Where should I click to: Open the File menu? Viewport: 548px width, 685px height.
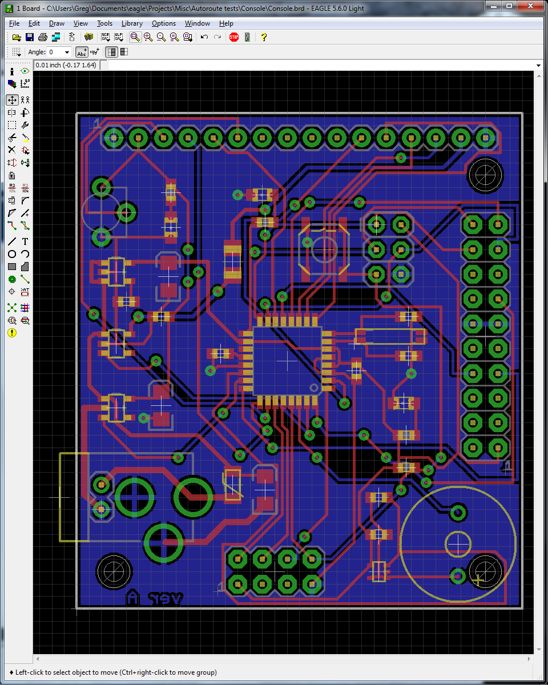14,23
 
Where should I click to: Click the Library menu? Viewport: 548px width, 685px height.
132,23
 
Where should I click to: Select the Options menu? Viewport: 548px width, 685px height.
164,23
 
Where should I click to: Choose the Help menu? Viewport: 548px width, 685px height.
226,23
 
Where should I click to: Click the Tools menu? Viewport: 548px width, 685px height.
104,23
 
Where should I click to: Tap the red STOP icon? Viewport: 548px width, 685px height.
234,37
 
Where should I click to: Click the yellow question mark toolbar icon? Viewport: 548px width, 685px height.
264,37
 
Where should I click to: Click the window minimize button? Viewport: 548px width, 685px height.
491,6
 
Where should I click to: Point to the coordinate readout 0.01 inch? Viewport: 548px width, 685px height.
65,65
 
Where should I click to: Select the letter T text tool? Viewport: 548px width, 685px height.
25,241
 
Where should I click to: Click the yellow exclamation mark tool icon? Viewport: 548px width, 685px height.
12,333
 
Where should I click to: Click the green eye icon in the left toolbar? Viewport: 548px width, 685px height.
25,71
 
